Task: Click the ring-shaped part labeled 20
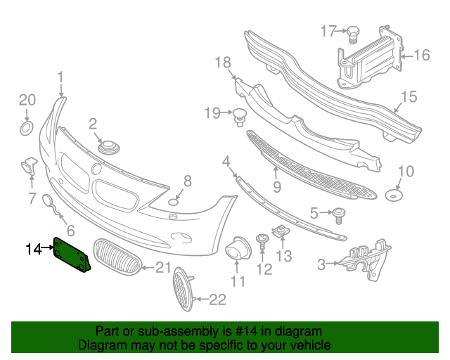(26, 128)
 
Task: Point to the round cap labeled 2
(109, 148)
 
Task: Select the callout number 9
(277, 187)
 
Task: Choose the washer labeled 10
(394, 194)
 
